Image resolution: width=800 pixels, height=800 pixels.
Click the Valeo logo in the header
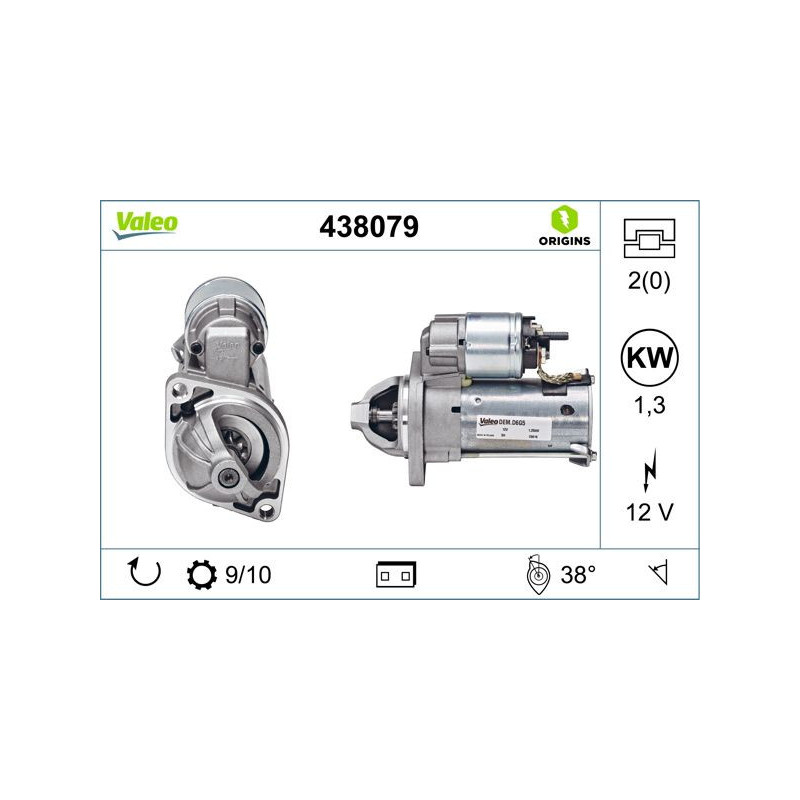click(x=145, y=224)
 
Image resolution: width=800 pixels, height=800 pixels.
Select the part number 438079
click(x=367, y=227)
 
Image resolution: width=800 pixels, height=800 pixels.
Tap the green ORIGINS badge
click(x=563, y=226)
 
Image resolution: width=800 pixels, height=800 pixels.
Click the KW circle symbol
click(x=649, y=356)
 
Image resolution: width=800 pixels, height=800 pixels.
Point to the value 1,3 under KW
click(x=649, y=405)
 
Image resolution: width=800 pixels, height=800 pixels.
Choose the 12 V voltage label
click(x=649, y=512)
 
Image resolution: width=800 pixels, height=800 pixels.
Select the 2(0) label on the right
click(x=649, y=281)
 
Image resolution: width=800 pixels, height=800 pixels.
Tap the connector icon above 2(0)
click(x=649, y=237)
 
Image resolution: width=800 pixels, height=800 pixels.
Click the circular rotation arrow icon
click(x=144, y=574)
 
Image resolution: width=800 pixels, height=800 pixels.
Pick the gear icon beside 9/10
click(x=201, y=575)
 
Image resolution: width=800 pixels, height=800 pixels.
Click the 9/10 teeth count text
click(x=248, y=575)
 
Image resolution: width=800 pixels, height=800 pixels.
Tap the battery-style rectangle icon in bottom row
click(x=397, y=574)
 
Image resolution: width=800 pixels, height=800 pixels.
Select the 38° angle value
click(x=577, y=575)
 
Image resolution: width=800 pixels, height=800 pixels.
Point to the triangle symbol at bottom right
click(x=658, y=574)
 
